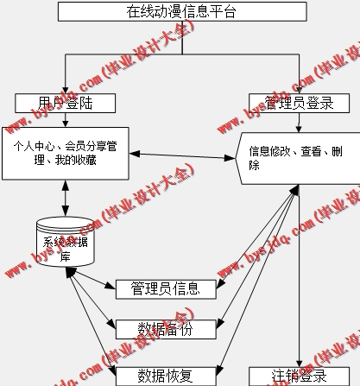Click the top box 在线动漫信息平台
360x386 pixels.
181,11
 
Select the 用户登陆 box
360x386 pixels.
65,103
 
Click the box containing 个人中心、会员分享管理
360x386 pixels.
66,152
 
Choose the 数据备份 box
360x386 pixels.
167,328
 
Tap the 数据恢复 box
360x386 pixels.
167,376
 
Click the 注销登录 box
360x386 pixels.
300,377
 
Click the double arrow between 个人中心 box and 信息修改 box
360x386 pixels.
185,155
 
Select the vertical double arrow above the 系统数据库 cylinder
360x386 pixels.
66,197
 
